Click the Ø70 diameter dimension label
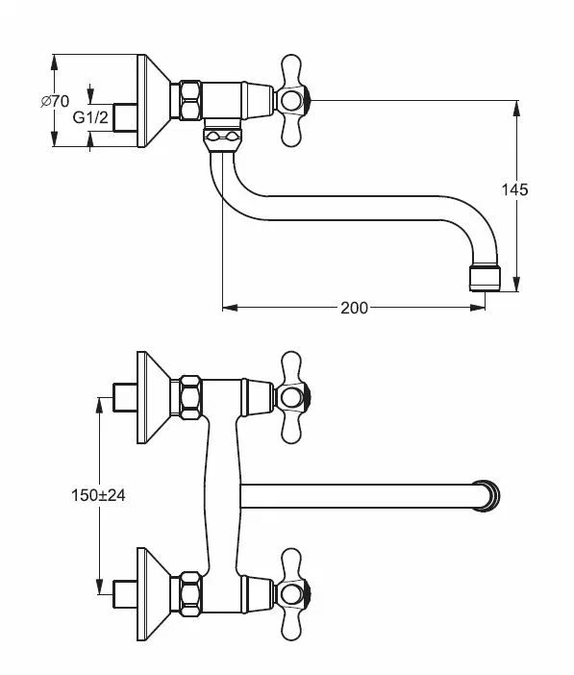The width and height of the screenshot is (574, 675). tap(55, 102)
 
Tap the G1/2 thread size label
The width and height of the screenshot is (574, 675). tap(90, 117)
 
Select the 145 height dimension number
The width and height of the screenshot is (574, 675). tap(514, 189)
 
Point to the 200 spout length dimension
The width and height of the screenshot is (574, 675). tap(354, 308)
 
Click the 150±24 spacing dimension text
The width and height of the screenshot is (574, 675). tap(98, 495)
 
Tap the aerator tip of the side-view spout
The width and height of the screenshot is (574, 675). tap(485, 279)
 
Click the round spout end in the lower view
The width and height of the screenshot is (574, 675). tap(487, 495)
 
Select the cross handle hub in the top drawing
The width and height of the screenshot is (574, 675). tap(292, 101)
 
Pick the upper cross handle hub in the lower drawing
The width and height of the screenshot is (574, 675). tap(292, 397)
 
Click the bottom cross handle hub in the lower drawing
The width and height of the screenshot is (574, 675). tap(292, 594)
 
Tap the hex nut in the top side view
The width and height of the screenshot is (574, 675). tap(190, 100)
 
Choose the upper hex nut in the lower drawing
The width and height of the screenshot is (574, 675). tap(190, 397)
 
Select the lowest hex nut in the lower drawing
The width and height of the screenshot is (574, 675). tap(190, 594)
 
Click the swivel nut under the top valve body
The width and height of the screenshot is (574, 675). tap(223, 137)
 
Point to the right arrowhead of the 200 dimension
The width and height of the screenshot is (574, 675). tap(478, 308)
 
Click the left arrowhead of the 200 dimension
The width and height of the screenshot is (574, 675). tap(230, 308)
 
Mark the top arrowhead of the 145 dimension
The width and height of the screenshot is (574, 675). tap(516, 108)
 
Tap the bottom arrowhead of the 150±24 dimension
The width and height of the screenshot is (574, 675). tap(99, 587)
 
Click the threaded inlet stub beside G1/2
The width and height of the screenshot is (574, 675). tap(126, 117)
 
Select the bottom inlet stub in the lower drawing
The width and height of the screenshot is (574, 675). tap(126, 594)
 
